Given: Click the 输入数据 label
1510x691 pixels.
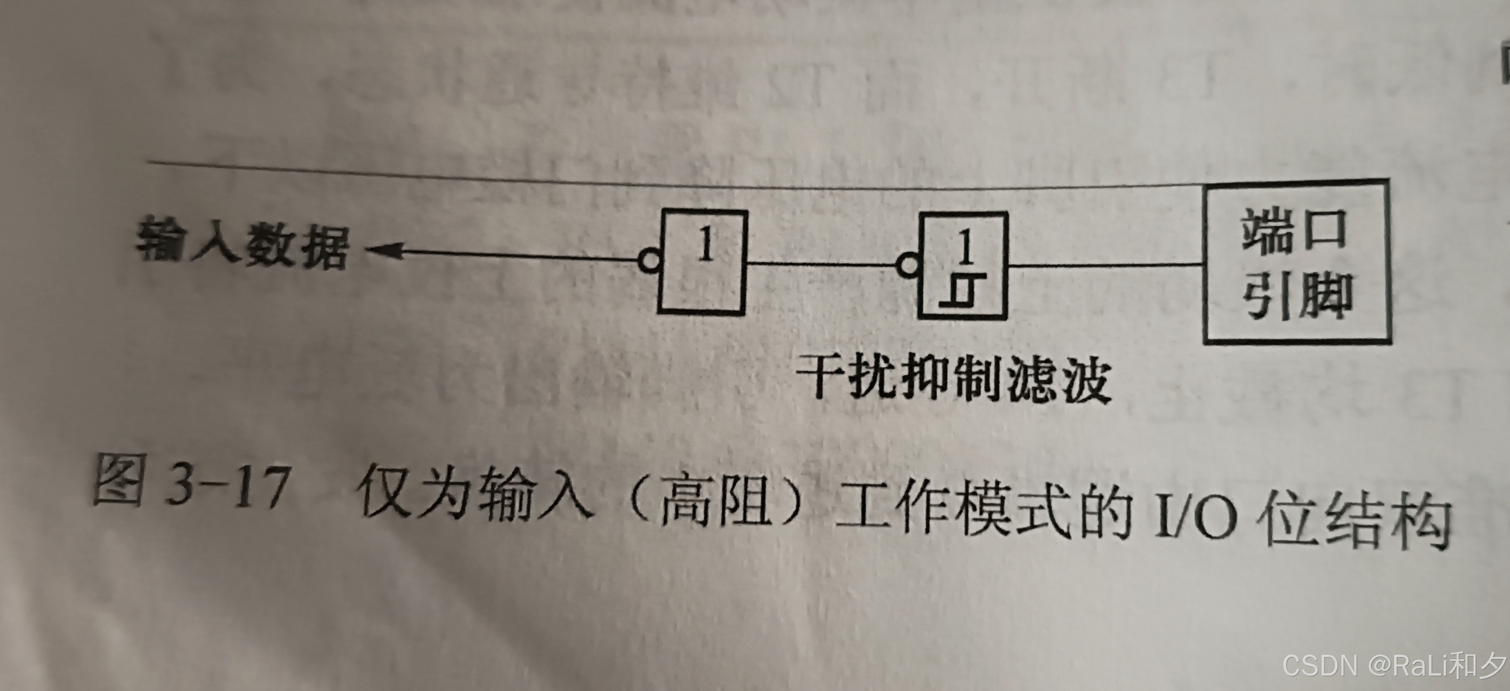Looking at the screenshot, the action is (241, 246).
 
